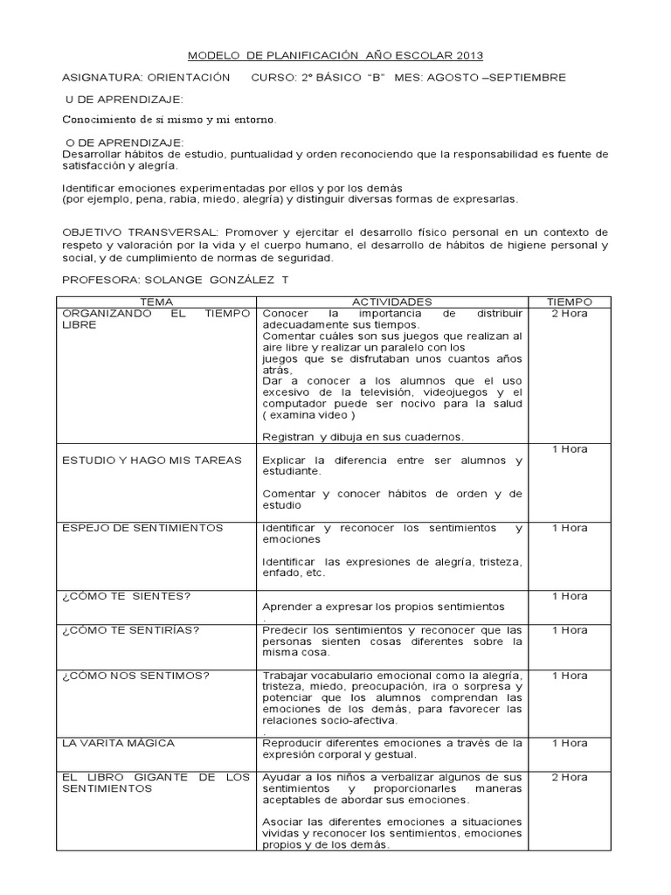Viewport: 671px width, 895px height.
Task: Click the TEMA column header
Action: pos(156,302)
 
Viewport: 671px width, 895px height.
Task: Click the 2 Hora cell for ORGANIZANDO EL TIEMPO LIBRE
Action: pos(570,313)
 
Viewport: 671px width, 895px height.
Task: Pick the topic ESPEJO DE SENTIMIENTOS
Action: pos(142,528)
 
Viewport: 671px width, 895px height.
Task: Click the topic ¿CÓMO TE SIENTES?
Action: pos(127,596)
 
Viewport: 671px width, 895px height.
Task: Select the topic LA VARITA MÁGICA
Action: pos(118,743)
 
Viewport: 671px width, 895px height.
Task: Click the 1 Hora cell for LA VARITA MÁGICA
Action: pos(570,743)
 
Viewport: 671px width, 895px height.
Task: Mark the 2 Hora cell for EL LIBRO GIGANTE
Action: pos(570,777)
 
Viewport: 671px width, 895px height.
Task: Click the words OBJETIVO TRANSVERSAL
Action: pos(140,233)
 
